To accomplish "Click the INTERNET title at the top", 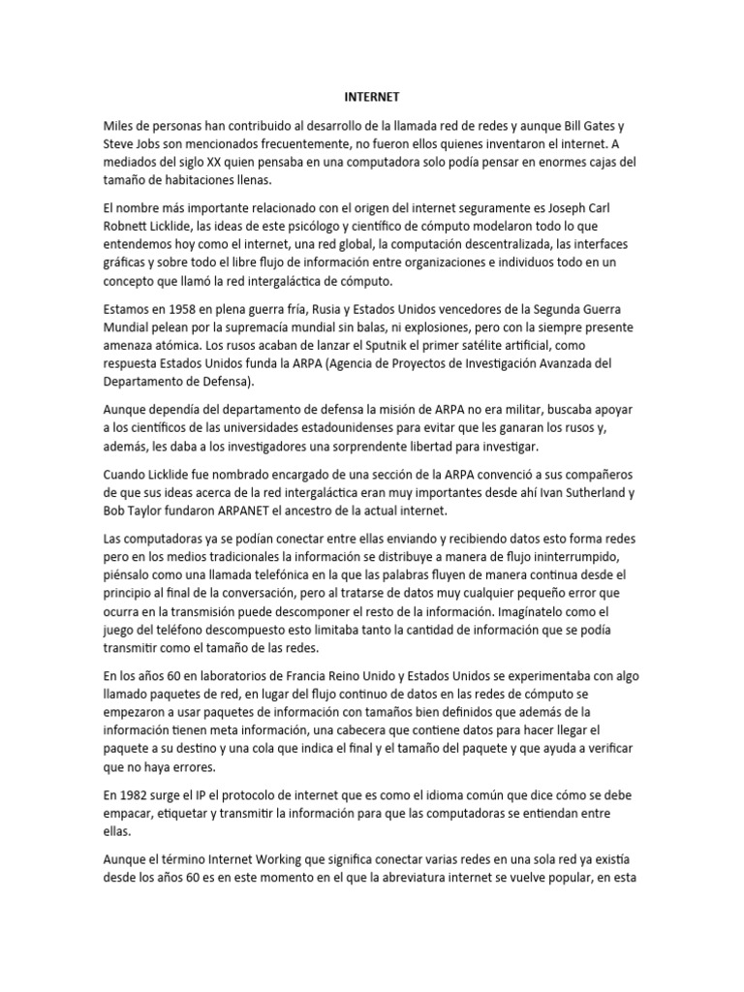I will [372, 98].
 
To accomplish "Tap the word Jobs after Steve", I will [154, 143].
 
